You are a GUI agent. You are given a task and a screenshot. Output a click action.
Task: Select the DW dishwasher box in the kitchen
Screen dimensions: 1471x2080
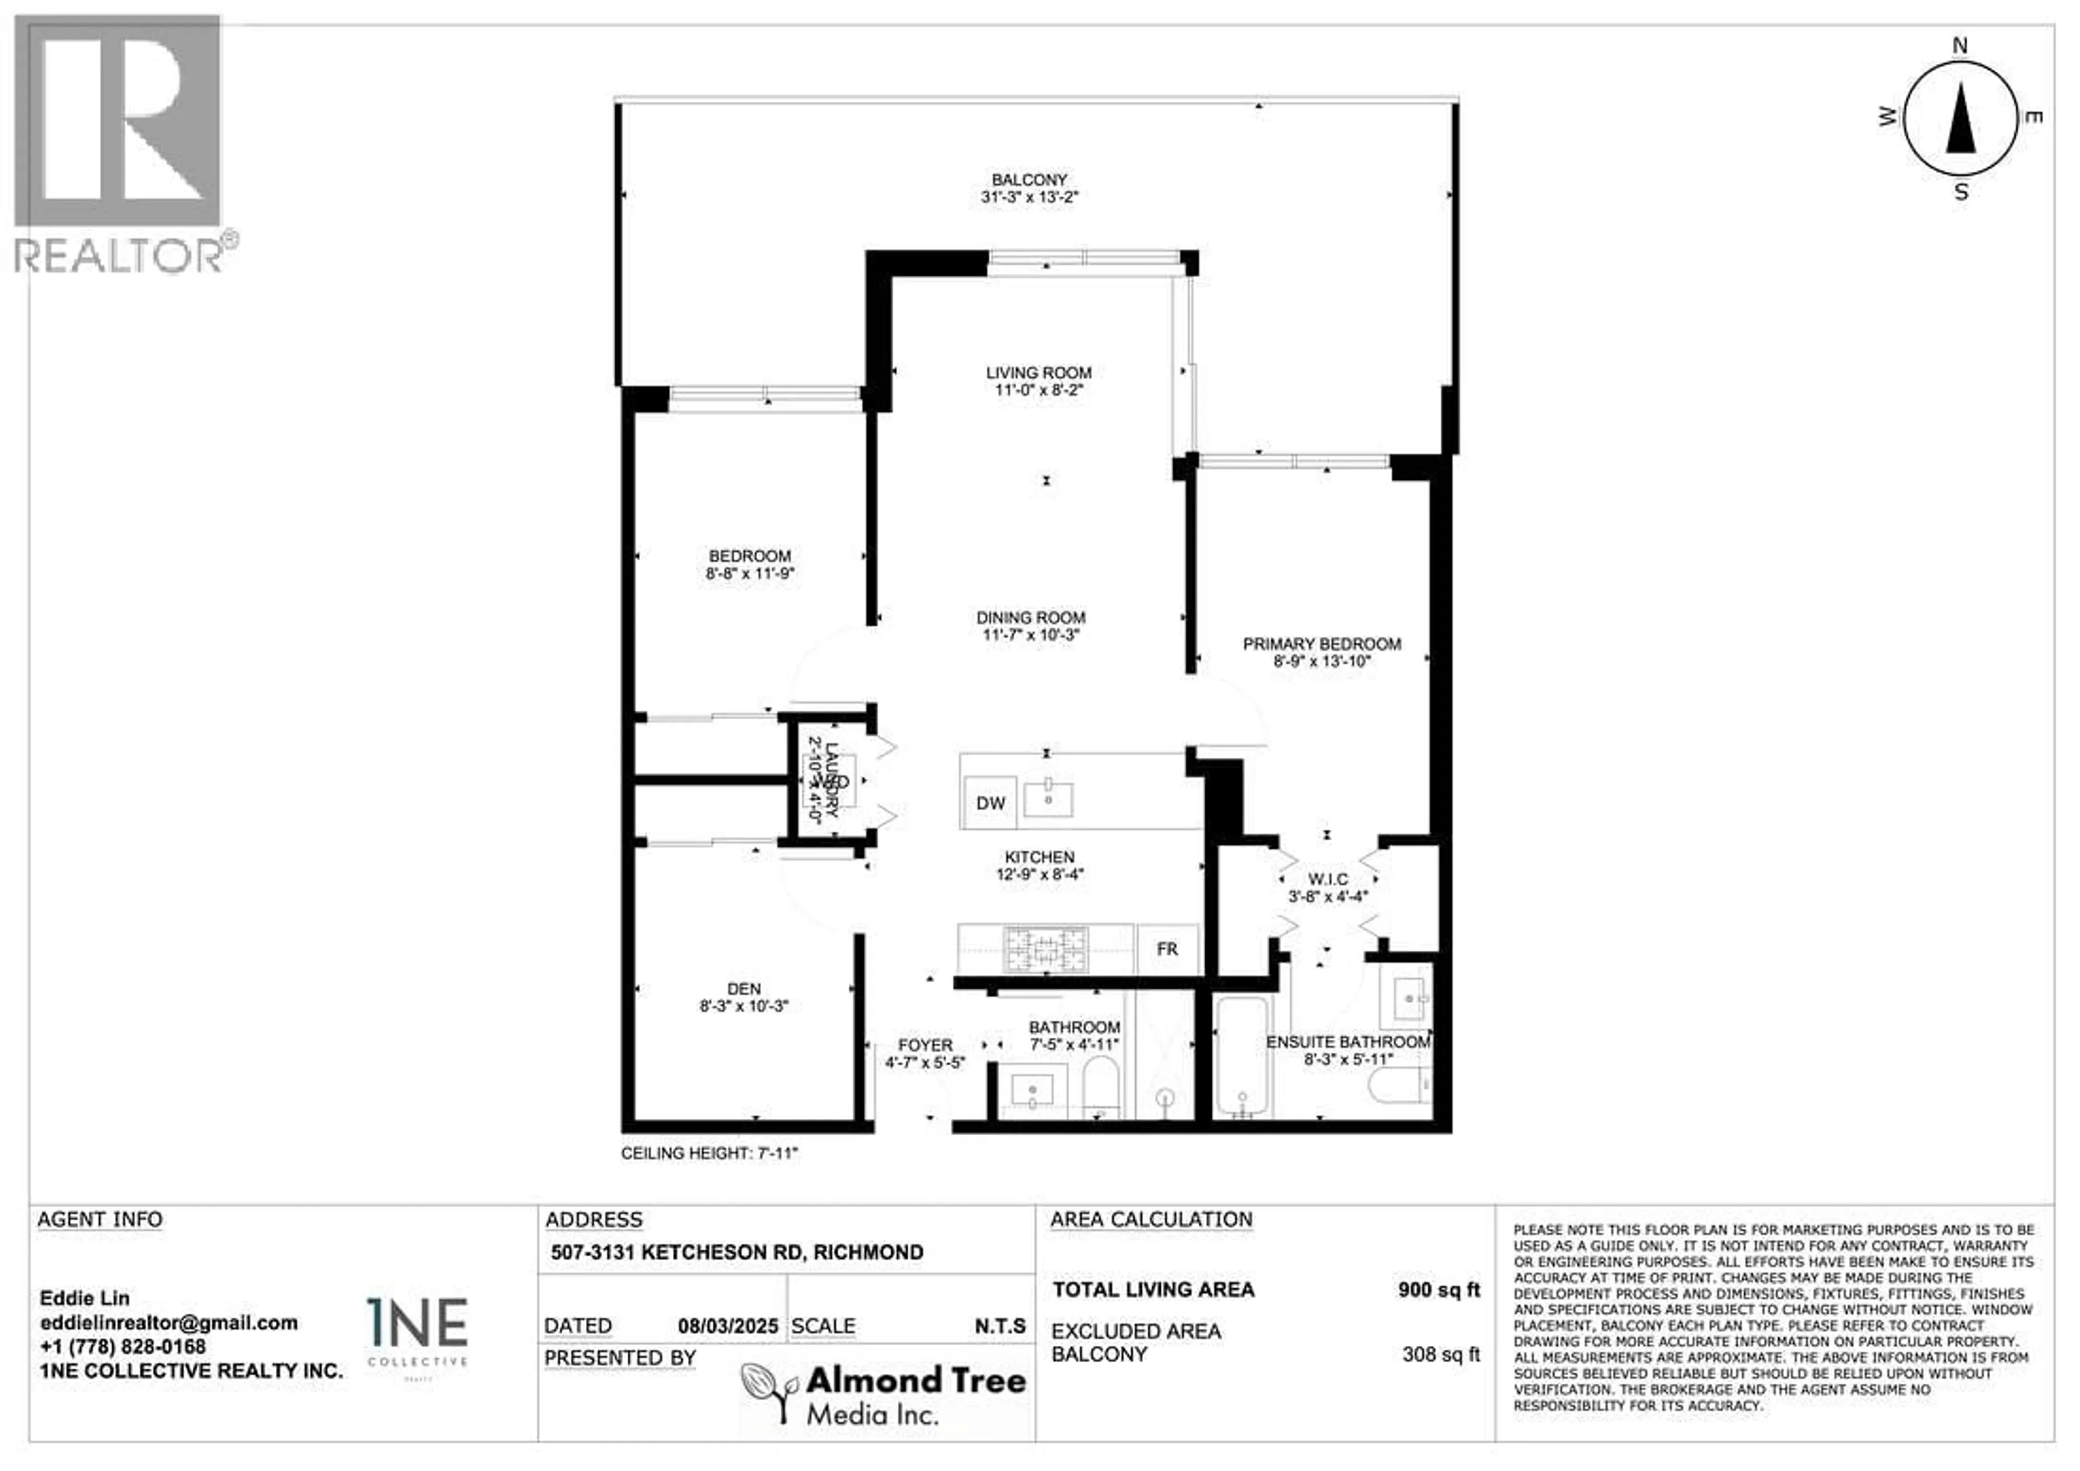click(990, 803)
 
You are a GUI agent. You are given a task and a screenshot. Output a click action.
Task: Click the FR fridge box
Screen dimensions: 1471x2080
click(1167, 949)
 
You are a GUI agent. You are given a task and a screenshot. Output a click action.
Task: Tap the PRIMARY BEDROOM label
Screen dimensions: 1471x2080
click(1322, 644)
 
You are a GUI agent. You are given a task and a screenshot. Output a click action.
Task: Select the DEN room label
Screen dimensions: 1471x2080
click(744, 989)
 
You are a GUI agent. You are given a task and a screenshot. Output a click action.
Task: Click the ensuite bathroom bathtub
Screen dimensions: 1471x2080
click(1242, 1056)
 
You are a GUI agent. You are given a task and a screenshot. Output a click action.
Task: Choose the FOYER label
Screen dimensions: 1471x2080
click(925, 1045)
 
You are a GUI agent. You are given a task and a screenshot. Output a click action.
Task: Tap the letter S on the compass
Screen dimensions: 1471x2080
click(1961, 192)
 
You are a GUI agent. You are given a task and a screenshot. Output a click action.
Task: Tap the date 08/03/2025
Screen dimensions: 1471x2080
click(727, 1326)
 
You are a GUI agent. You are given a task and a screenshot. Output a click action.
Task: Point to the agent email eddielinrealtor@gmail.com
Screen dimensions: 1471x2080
click(168, 1323)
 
